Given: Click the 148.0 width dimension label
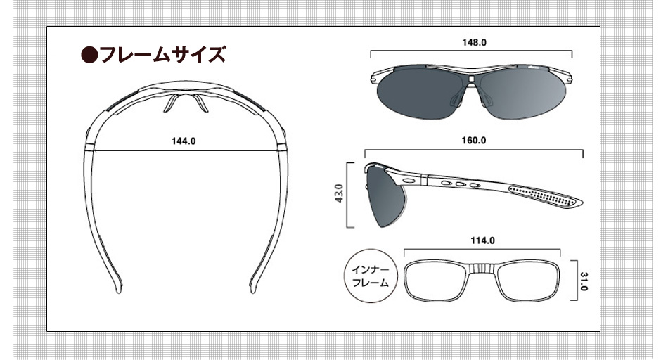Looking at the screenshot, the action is [474, 43].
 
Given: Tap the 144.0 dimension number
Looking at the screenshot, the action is [184, 141].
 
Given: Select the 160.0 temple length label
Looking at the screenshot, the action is [474, 141].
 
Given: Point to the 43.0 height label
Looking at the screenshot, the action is [339, 193].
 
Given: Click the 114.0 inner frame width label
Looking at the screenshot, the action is [482, 240].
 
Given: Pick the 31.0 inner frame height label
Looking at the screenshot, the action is [584, 282].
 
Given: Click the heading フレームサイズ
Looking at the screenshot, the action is [162, 55].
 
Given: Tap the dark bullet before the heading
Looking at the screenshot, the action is [89, 55].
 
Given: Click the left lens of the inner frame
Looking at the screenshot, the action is [436, 281].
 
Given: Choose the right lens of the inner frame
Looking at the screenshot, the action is [528, 281].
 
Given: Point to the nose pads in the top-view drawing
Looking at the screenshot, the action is [184, 103].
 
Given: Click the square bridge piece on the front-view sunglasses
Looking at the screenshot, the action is [470, 79].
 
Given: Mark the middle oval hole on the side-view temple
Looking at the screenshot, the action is [460, 184].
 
